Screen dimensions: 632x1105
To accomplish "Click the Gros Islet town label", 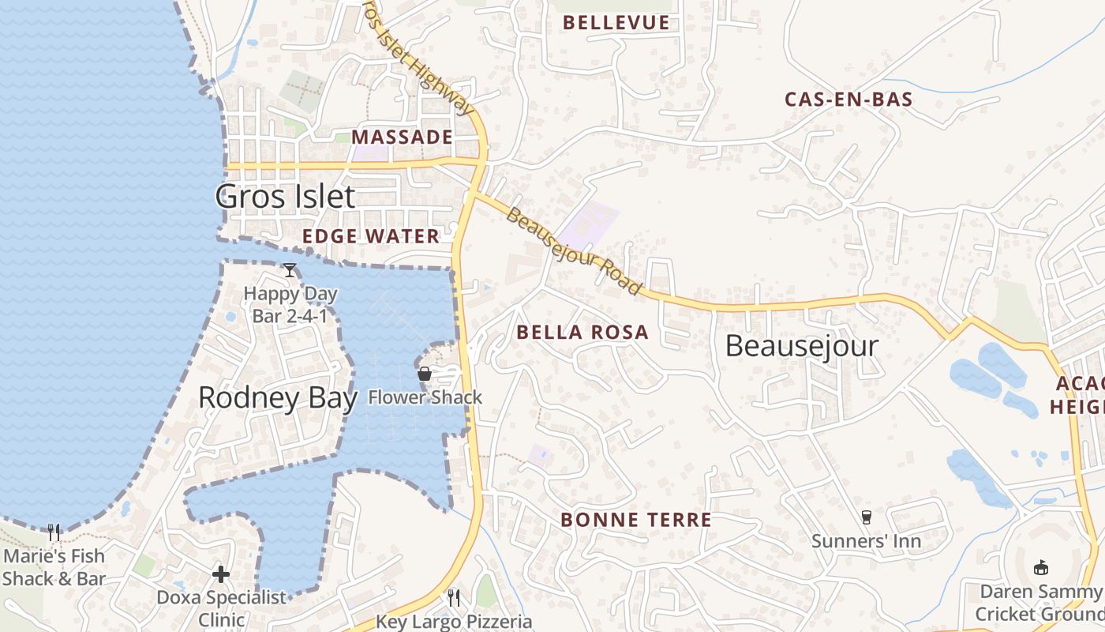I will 285,197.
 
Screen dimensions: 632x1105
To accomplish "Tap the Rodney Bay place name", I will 277,397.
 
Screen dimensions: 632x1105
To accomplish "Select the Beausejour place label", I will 801,346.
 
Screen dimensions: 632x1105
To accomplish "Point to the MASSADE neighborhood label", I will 402,137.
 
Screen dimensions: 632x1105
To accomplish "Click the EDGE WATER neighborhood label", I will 371,236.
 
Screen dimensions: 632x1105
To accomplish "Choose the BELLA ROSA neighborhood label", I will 582,333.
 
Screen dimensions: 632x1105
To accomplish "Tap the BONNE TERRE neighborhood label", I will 636,520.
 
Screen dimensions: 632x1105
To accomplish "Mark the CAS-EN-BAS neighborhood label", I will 848,100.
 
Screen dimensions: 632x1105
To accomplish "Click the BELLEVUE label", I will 616,23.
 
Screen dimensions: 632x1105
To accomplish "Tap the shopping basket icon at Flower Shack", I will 425,374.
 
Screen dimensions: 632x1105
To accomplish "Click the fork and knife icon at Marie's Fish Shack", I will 54,532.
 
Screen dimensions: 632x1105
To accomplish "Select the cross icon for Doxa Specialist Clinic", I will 221,574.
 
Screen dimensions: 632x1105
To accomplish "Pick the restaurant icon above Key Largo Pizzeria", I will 454,597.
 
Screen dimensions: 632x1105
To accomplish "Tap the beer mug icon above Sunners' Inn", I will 867,517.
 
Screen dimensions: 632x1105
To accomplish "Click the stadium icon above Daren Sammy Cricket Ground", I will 1041,567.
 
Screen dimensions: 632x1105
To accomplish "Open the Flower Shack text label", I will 425,397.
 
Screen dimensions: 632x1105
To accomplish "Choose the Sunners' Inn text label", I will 867,541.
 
